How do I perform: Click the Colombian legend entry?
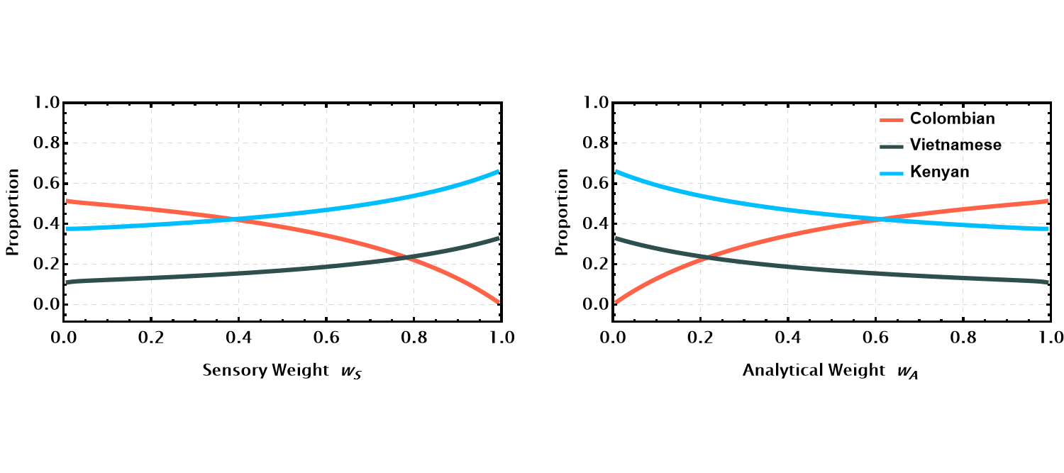[953, 119]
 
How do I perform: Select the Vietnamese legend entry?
[956, 145]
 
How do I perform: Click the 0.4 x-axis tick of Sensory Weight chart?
[238, 338]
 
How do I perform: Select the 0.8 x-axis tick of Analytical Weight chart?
[962, 338]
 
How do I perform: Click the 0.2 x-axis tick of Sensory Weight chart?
[151, 338]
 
